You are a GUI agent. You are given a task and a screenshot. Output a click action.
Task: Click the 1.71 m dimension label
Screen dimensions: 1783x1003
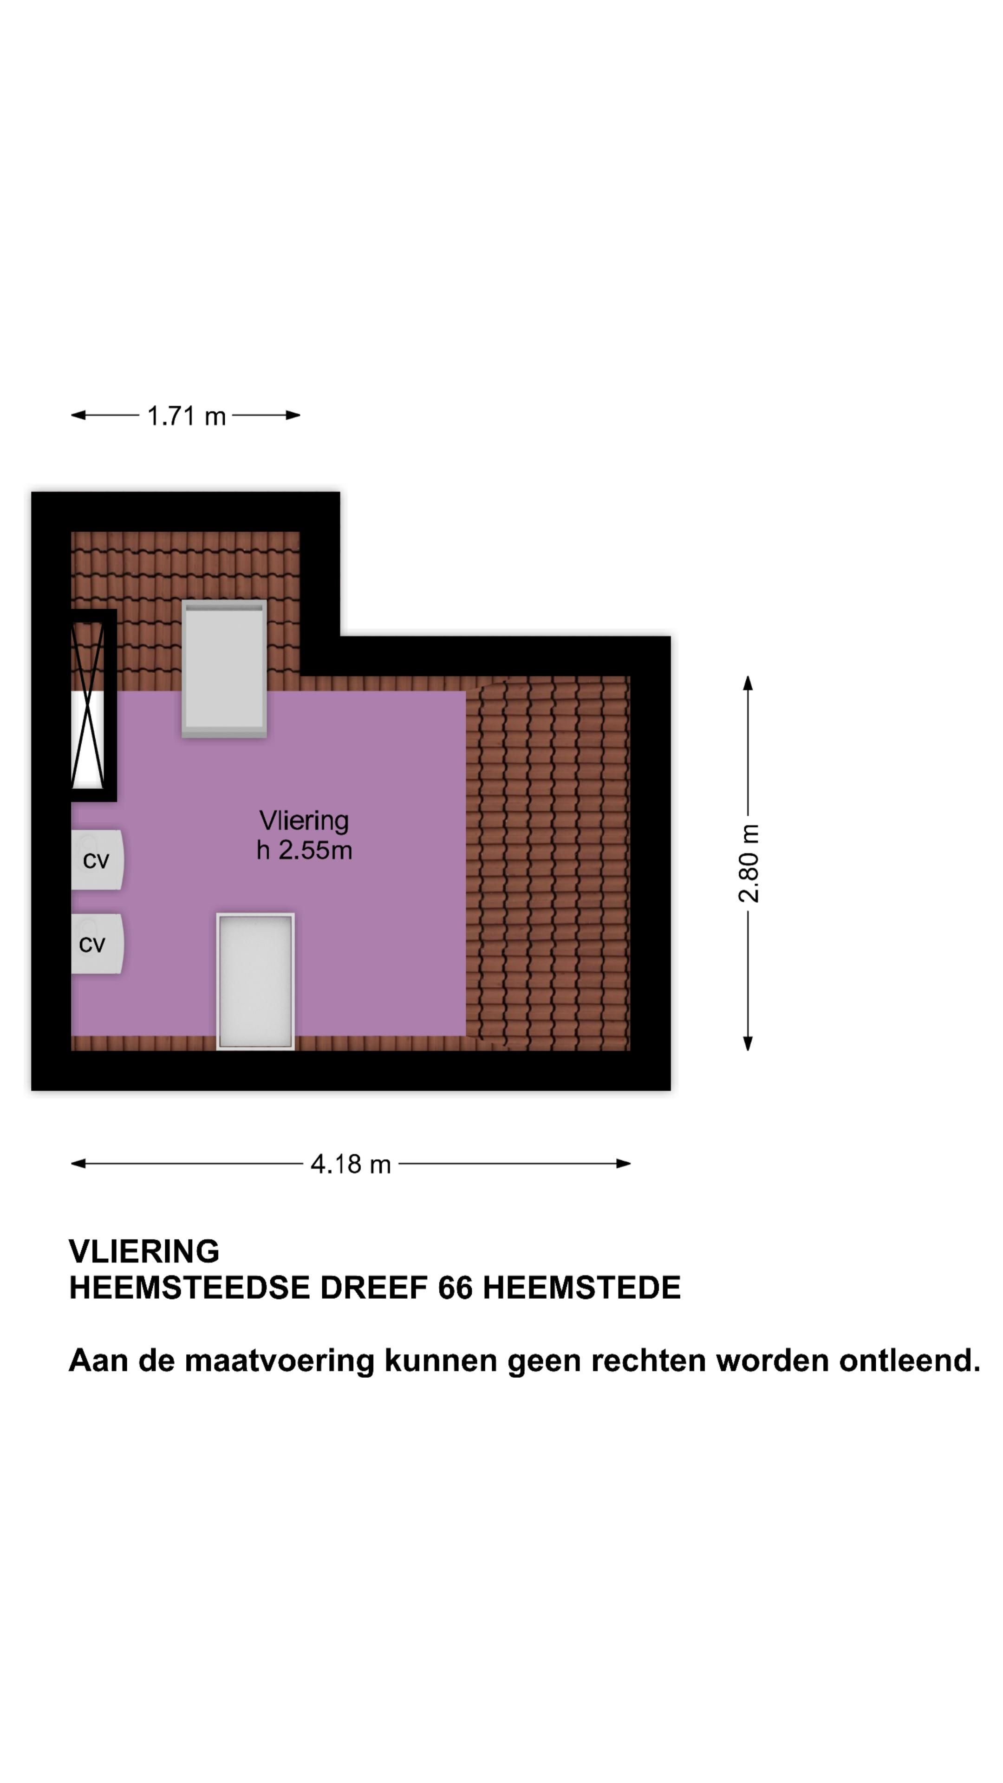click(x=186, y=416)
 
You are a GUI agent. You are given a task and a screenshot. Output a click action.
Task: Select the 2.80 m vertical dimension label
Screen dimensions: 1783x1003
click(x=748, y=863)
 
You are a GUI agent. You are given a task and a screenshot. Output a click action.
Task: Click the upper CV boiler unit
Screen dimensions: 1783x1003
click(x=97, y=859)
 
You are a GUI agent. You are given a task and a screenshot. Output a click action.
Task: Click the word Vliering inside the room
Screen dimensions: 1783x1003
click(x=304, y=821)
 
